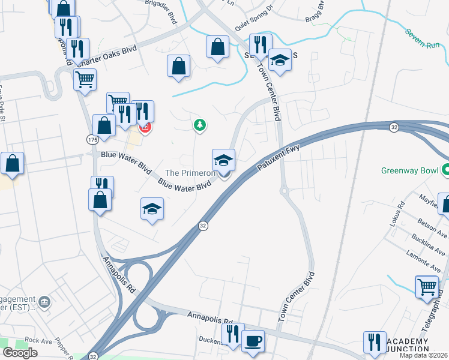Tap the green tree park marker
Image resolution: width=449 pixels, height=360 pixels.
coord(199,125)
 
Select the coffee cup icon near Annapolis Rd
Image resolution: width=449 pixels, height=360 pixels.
coord(253,341)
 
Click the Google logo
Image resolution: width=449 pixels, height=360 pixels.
coord(20,353)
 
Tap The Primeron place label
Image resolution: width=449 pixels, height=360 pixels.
coord(190,173)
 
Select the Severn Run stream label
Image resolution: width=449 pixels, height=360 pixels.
coord(423,38)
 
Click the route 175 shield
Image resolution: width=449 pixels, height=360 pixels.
coord(92,139)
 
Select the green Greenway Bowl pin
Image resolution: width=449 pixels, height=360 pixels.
coord(445,170)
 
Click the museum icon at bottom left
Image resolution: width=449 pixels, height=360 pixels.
coord(44,301)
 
